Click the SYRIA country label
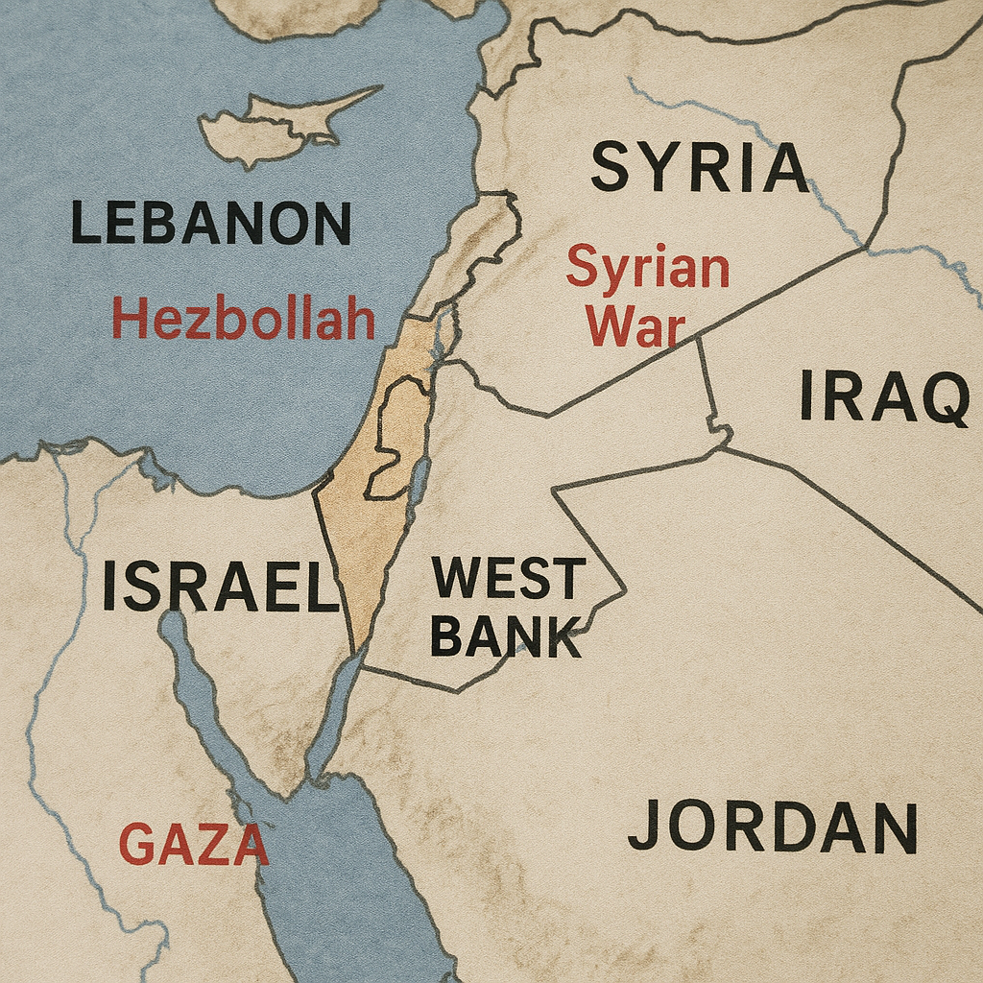click(699, 167)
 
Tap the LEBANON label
click(211, 223)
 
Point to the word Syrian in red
click(647, 269)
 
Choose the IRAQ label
click(884, 397)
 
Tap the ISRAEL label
click(220, 587)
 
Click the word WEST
click(508, 578)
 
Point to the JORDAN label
click(773, 827)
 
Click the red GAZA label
click(193, 845)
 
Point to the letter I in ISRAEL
click(109, 587)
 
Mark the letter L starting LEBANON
click(84, 223)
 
